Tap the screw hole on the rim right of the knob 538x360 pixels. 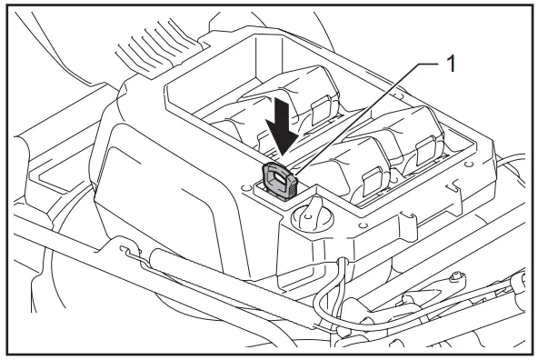point(363,222)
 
